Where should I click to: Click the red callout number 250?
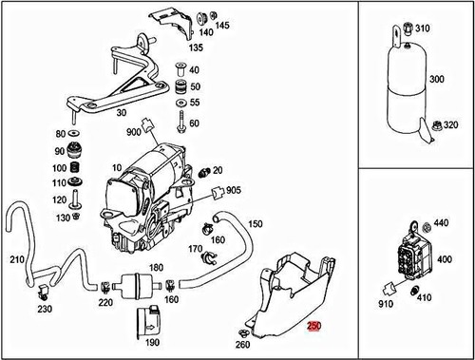click(314, 326)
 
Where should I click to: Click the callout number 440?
click(441, 223)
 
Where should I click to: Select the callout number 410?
click(425, 297)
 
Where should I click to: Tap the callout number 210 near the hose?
click(16, 259)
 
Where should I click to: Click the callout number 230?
click(44, 309)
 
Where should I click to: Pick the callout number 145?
click(221, 25)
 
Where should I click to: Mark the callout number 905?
click(234, 191)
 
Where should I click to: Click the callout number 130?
click(63, 218)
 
